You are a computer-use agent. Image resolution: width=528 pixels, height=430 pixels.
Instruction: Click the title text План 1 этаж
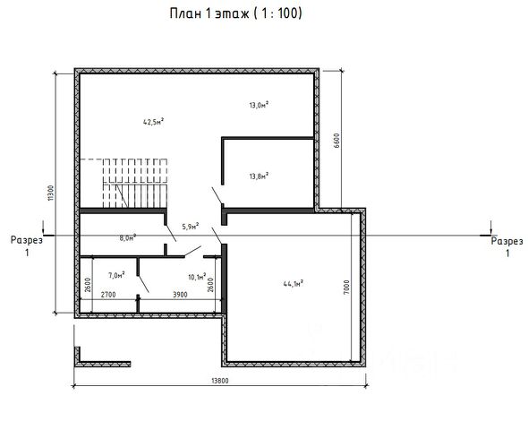click(x=209, y=13)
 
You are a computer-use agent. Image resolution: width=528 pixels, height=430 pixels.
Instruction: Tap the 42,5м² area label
click(x=154, y=121)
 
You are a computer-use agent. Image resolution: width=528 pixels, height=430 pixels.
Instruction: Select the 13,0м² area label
click(x=259, y=105)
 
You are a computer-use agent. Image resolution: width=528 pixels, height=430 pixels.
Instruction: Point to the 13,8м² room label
click(x=259, y=176)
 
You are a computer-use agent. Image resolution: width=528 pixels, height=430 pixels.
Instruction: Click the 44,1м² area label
click(x=294, y=283)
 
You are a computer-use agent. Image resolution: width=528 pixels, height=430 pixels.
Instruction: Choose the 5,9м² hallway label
click(x=191, y=226)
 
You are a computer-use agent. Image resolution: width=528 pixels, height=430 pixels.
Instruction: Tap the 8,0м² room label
click(x=128, y=237)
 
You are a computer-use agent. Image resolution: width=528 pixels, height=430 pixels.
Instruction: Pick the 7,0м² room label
click(x=116, y=275)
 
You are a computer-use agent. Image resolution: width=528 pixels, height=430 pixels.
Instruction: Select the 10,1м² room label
click(x=197, y=277)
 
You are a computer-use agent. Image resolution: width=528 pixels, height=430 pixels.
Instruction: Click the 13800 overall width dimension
click(x=220, y=381)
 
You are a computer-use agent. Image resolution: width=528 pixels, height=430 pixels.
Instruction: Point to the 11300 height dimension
click(x=50, y=193)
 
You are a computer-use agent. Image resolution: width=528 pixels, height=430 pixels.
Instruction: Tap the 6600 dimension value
click(x=336, y=141)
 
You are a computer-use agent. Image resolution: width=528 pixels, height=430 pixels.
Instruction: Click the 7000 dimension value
click(x=347, y=287)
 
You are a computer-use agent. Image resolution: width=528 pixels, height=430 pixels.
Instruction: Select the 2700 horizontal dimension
click(x=108, y=295)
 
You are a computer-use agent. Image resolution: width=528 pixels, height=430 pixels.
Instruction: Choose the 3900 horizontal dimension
click(x=180, y=295)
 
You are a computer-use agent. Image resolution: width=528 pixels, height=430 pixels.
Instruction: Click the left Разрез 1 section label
click(x=27, y=246)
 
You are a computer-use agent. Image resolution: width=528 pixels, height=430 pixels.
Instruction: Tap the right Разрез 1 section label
click(x=507, y=246)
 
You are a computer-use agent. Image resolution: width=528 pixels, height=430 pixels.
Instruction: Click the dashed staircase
click(x=135, y=183)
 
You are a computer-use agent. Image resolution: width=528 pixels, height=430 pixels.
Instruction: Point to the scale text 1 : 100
click(x=280, y=13)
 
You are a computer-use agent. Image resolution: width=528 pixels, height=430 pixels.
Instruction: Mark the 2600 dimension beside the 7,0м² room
click(x=88, y=285)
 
